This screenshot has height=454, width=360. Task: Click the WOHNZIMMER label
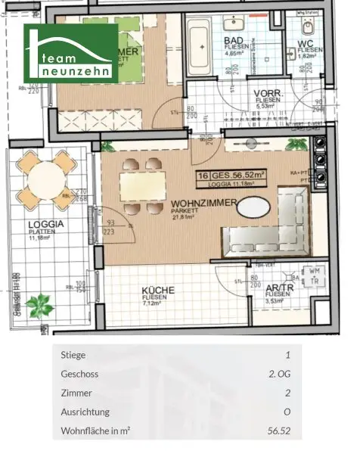pyautogui.click(x=204, y=204)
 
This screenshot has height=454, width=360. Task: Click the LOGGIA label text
pyautogui.click(x=45, y=225)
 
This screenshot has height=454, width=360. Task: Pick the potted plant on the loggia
pyautogui.click(x=39, y=306)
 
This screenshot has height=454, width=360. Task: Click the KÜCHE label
pyautogui.click(x=157, y=290)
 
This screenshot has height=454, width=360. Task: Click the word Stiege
pyautogui.click(x=73, y=354)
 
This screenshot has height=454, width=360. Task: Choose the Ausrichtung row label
pyautogui.click(x=85, y=412)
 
